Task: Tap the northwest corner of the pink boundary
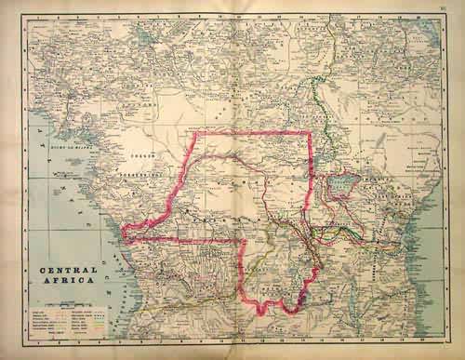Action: pyautogui.click(x=193, y=134)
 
